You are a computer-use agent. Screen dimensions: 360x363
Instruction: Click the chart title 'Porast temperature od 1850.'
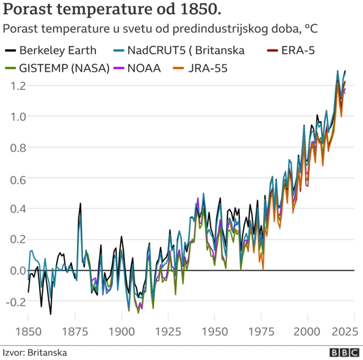113,10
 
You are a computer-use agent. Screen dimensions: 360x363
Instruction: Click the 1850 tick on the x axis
28,332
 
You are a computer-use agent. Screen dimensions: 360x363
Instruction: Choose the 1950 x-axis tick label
214,332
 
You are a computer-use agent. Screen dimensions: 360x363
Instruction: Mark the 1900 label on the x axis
121,332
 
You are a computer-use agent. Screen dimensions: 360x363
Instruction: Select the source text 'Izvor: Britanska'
35,353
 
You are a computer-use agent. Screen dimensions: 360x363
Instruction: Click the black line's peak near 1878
81,204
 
